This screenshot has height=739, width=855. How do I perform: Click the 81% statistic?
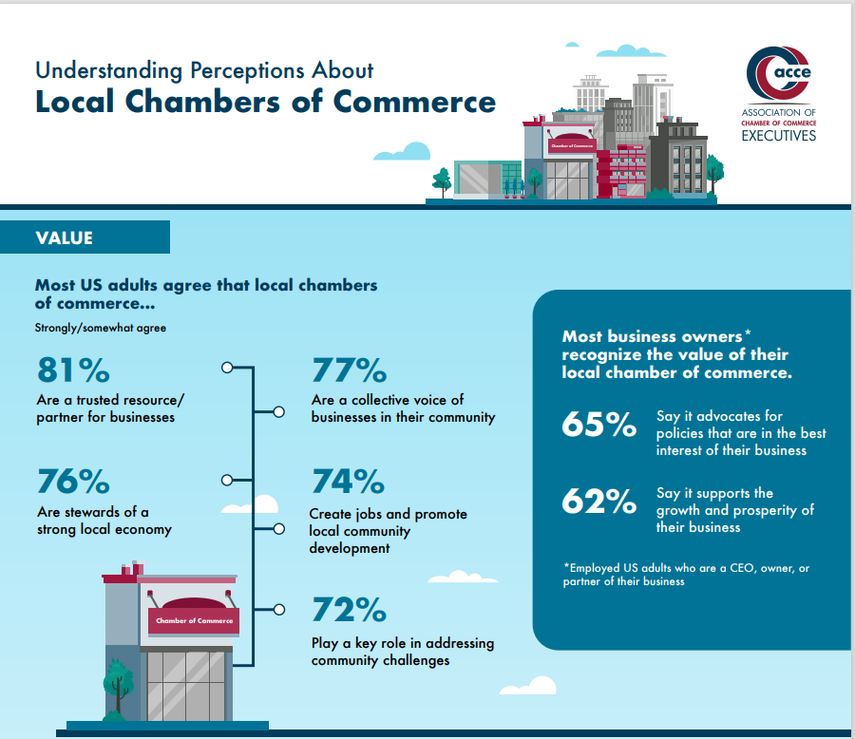pos(72,370)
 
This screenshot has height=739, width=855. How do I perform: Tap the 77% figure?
pos(350,370)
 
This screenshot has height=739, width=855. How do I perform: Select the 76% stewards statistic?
pos(73,482)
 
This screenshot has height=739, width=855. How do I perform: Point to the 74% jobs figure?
pos(348,483)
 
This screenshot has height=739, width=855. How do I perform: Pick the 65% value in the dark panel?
pos(598,425)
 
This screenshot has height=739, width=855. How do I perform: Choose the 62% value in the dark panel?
pos(598,501)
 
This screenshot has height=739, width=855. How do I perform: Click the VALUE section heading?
pos(66,237)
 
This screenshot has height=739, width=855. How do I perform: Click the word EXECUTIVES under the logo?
pos(779,136)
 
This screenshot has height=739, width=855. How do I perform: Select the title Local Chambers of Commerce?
pos(265,102)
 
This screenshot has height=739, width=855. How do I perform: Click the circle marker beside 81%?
pos(227,367)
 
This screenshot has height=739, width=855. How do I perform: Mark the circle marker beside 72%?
pos(279,609)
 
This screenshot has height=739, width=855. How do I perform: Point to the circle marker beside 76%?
pos(227,480)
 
